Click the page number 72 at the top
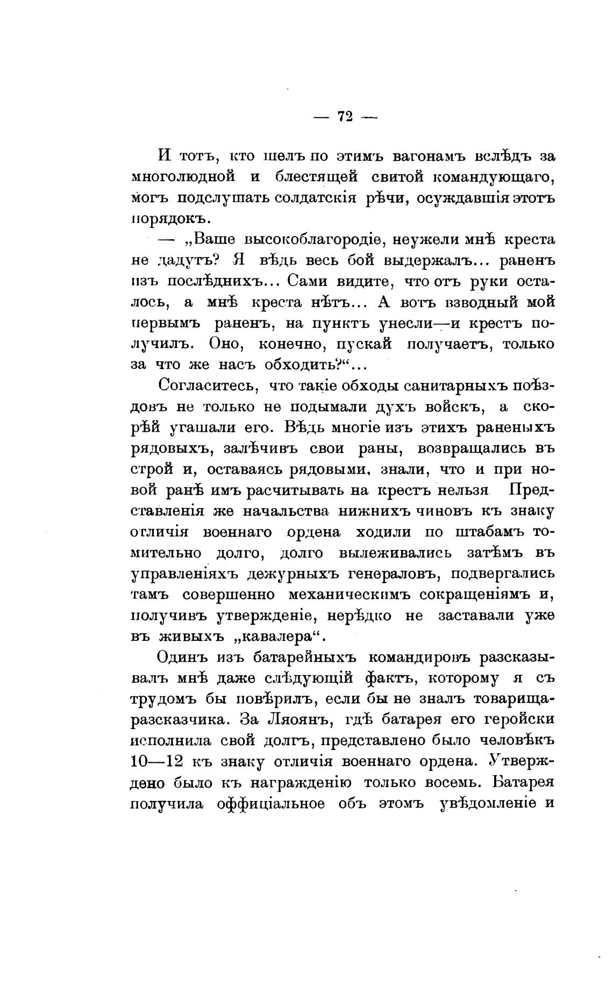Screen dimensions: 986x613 [345, 116]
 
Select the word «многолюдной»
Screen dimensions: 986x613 [184, 177]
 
